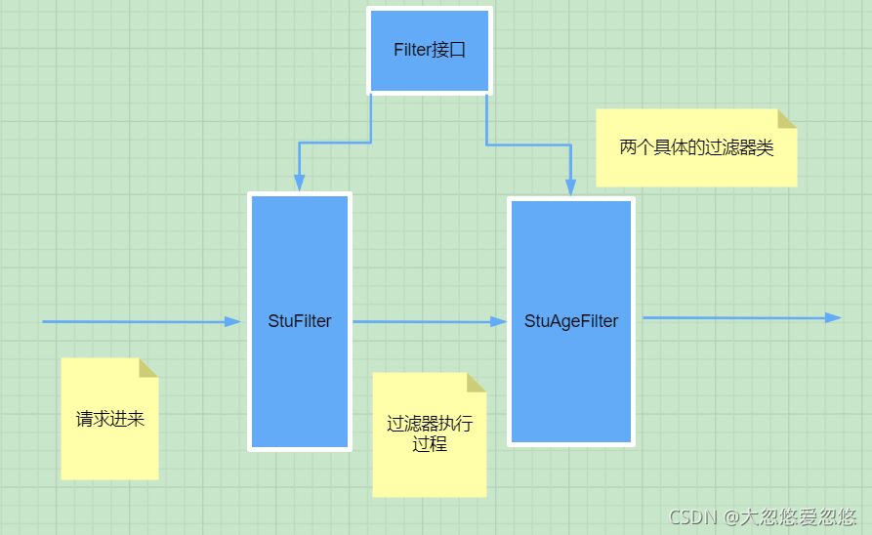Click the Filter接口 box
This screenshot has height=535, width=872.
(x=430, y=51)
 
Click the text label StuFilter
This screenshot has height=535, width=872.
(x=300, y=321)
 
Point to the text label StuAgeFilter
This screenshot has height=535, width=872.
(x=571, y=321)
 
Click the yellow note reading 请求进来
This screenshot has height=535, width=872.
(x=109, y=420)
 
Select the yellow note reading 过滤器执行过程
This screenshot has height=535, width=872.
(x=430, y=435)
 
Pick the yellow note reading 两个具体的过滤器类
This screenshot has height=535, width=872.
(x=696, y=148)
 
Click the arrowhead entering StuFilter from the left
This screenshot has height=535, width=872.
(x=232, y=321)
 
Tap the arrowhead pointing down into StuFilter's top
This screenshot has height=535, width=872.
(x=300, y=182)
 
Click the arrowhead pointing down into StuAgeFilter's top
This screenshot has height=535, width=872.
(x=570, y=186)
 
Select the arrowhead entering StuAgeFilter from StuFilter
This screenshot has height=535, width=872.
(x=499, y=321)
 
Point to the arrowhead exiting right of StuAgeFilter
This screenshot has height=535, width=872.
(x=833, y=318)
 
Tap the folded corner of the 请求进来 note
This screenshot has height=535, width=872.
(x=148, y=367)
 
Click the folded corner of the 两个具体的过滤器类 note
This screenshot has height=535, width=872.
(x=787, y=118)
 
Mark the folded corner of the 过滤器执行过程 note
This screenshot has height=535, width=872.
(x=477, y=382)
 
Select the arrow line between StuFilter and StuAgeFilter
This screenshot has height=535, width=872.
(x=420, y=321)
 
